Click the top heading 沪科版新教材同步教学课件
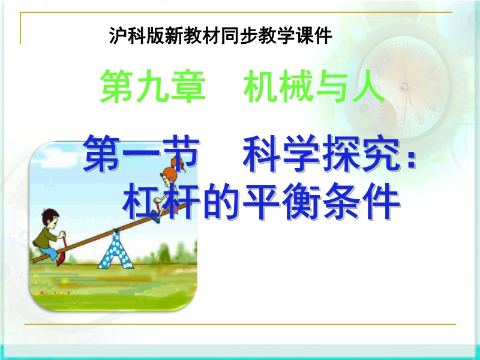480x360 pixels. pyautogui.click(x=220, y=36)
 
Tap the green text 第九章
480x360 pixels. pyautogui.click(x=153, y=86)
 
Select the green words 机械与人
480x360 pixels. pyautogui.click(x=314, y=86)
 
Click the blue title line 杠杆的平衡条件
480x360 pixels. pyautogui.click(x=262, y=201)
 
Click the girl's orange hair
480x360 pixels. pyautogui.click(x=175, y=167)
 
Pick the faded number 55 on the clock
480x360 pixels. pyautogui.click(x=420, y=118)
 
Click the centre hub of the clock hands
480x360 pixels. pyautogui.click(x=404, y=86)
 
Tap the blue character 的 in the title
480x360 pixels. pyautogui.click(x=220, y=201)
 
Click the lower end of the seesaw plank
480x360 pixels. pyautogui.click(x=34, y=261)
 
